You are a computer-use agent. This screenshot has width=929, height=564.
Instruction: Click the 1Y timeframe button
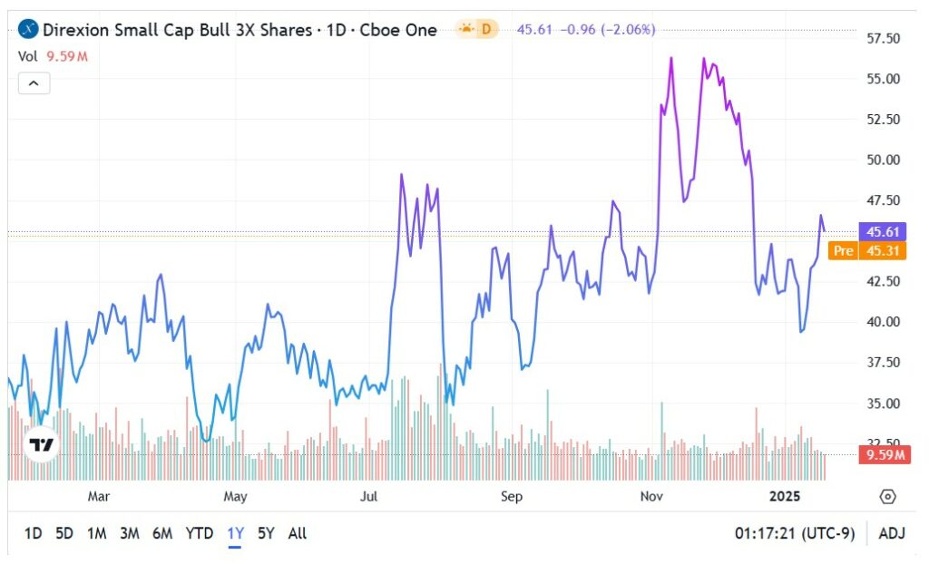235,533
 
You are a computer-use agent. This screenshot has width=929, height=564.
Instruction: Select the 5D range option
64,533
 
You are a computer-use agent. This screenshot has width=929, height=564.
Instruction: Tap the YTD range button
200,533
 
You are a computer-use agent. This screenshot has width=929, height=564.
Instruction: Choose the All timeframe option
297,533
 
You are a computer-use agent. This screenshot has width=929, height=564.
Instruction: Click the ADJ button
894,533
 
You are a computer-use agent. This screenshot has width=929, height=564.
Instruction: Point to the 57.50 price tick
883,38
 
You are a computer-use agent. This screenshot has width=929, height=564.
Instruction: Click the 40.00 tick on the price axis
883,322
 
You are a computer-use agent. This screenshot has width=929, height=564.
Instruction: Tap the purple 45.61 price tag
883,231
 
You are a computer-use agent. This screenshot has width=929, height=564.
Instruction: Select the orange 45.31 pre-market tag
883,250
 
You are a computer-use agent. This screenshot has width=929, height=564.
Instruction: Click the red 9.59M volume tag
883,454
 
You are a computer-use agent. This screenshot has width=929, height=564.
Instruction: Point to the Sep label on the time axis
512,496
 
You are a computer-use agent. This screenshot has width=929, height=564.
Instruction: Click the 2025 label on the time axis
786,496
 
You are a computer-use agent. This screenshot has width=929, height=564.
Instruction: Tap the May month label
235,496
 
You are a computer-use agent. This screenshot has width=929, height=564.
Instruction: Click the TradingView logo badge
41,444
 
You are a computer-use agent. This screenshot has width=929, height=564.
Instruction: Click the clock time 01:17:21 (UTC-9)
795,533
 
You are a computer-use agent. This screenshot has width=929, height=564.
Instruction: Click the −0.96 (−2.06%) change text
609,29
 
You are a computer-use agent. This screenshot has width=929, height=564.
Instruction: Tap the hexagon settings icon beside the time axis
887,496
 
